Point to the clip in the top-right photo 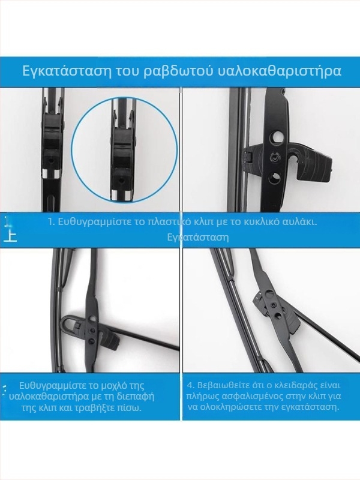282,157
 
